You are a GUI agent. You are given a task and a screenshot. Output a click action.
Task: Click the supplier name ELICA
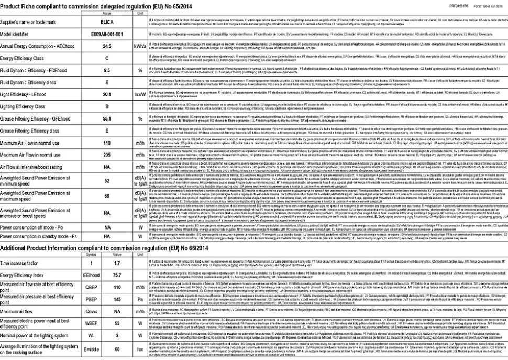coord(107,23)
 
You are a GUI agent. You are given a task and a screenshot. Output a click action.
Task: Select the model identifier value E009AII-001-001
coord(107,34)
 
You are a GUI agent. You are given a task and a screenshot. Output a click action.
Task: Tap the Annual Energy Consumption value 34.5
coord(107,46)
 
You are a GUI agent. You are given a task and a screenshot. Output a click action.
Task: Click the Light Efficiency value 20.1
coord(107,95)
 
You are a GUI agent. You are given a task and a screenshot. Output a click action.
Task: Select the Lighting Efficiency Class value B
coord(107,106)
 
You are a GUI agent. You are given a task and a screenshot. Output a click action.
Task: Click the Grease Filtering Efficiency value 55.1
coord(107,118)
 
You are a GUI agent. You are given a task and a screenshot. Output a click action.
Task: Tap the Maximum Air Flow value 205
coord(107,155)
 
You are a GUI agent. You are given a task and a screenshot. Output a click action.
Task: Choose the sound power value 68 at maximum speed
coord(107,195)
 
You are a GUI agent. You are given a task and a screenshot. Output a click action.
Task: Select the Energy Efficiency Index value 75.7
coord(118,274)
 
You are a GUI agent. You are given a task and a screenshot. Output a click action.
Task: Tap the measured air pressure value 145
coord(118,300)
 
